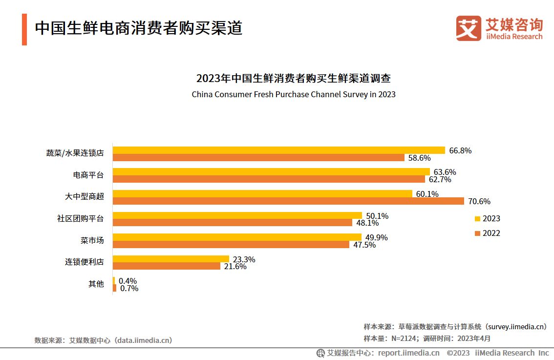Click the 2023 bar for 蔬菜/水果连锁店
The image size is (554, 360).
279,150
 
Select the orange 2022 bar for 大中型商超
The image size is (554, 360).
288,201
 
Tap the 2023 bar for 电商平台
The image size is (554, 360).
271,171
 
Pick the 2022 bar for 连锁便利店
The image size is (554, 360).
167,266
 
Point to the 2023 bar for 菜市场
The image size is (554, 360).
237,237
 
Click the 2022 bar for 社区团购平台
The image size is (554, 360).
233,222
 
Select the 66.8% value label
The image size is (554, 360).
460,150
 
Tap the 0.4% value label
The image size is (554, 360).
128,281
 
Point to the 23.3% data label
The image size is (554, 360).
243,259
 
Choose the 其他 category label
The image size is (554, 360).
96,284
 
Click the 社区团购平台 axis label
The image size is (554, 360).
80,218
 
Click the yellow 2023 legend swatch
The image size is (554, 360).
477,219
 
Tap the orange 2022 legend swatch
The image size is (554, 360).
477,233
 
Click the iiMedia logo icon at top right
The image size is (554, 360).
469,28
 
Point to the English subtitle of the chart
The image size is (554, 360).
293,94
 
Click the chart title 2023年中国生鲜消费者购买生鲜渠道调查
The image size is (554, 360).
293,78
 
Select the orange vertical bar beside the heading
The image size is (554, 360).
24,29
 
